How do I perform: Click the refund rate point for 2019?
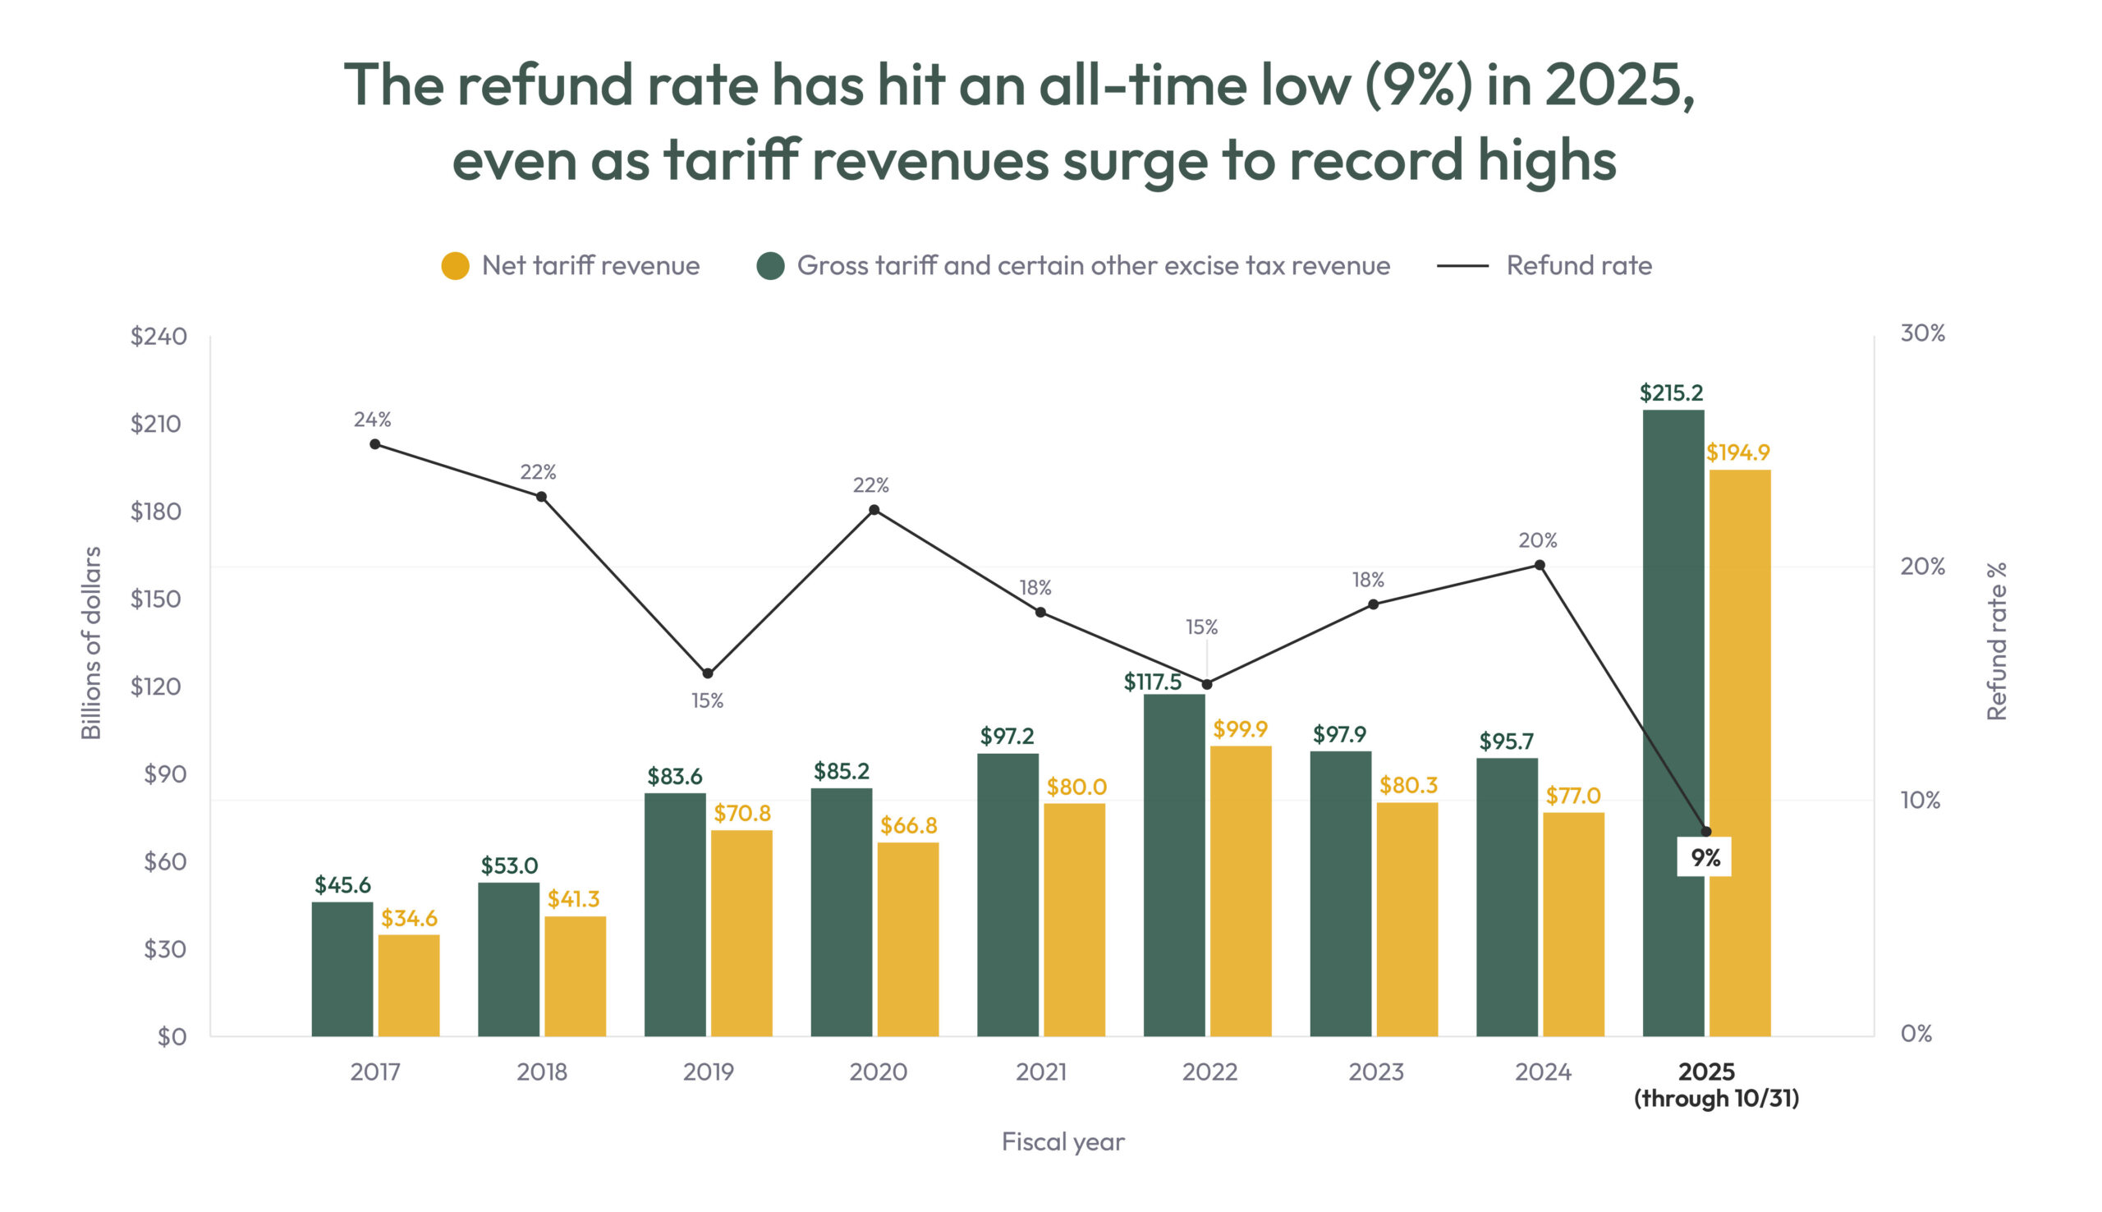(x=707, y=673)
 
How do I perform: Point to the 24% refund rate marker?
(x=374, y=443)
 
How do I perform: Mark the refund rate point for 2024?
(x=1540, y=565)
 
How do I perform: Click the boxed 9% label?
(x=1705, y=857)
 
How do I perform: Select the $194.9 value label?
(x=1737, y=452)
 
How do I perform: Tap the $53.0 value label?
(x=509, y=865)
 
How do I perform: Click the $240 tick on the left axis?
(x=158, y=337)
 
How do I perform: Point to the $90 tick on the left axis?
(x=165, y=774)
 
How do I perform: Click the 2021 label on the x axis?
(x=1041, y=1072)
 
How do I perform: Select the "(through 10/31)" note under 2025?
(x=1716, y=1099)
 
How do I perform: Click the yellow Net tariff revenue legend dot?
(x=455, y=265)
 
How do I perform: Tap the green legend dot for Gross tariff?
(x=770, y=265)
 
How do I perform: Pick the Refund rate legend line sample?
(x=1462, y=265)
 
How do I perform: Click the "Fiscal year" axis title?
(x=1062, y=1141)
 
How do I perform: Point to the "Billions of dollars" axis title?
(x=90, y=643)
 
